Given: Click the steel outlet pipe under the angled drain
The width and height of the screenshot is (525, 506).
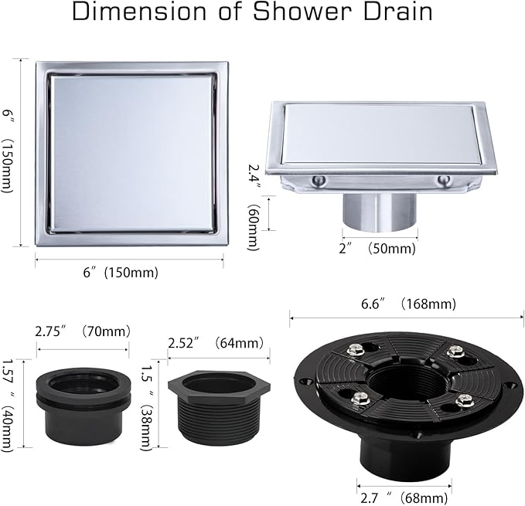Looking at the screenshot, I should [380, 212].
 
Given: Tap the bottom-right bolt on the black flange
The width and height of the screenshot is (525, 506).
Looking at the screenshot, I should [464, 400].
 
